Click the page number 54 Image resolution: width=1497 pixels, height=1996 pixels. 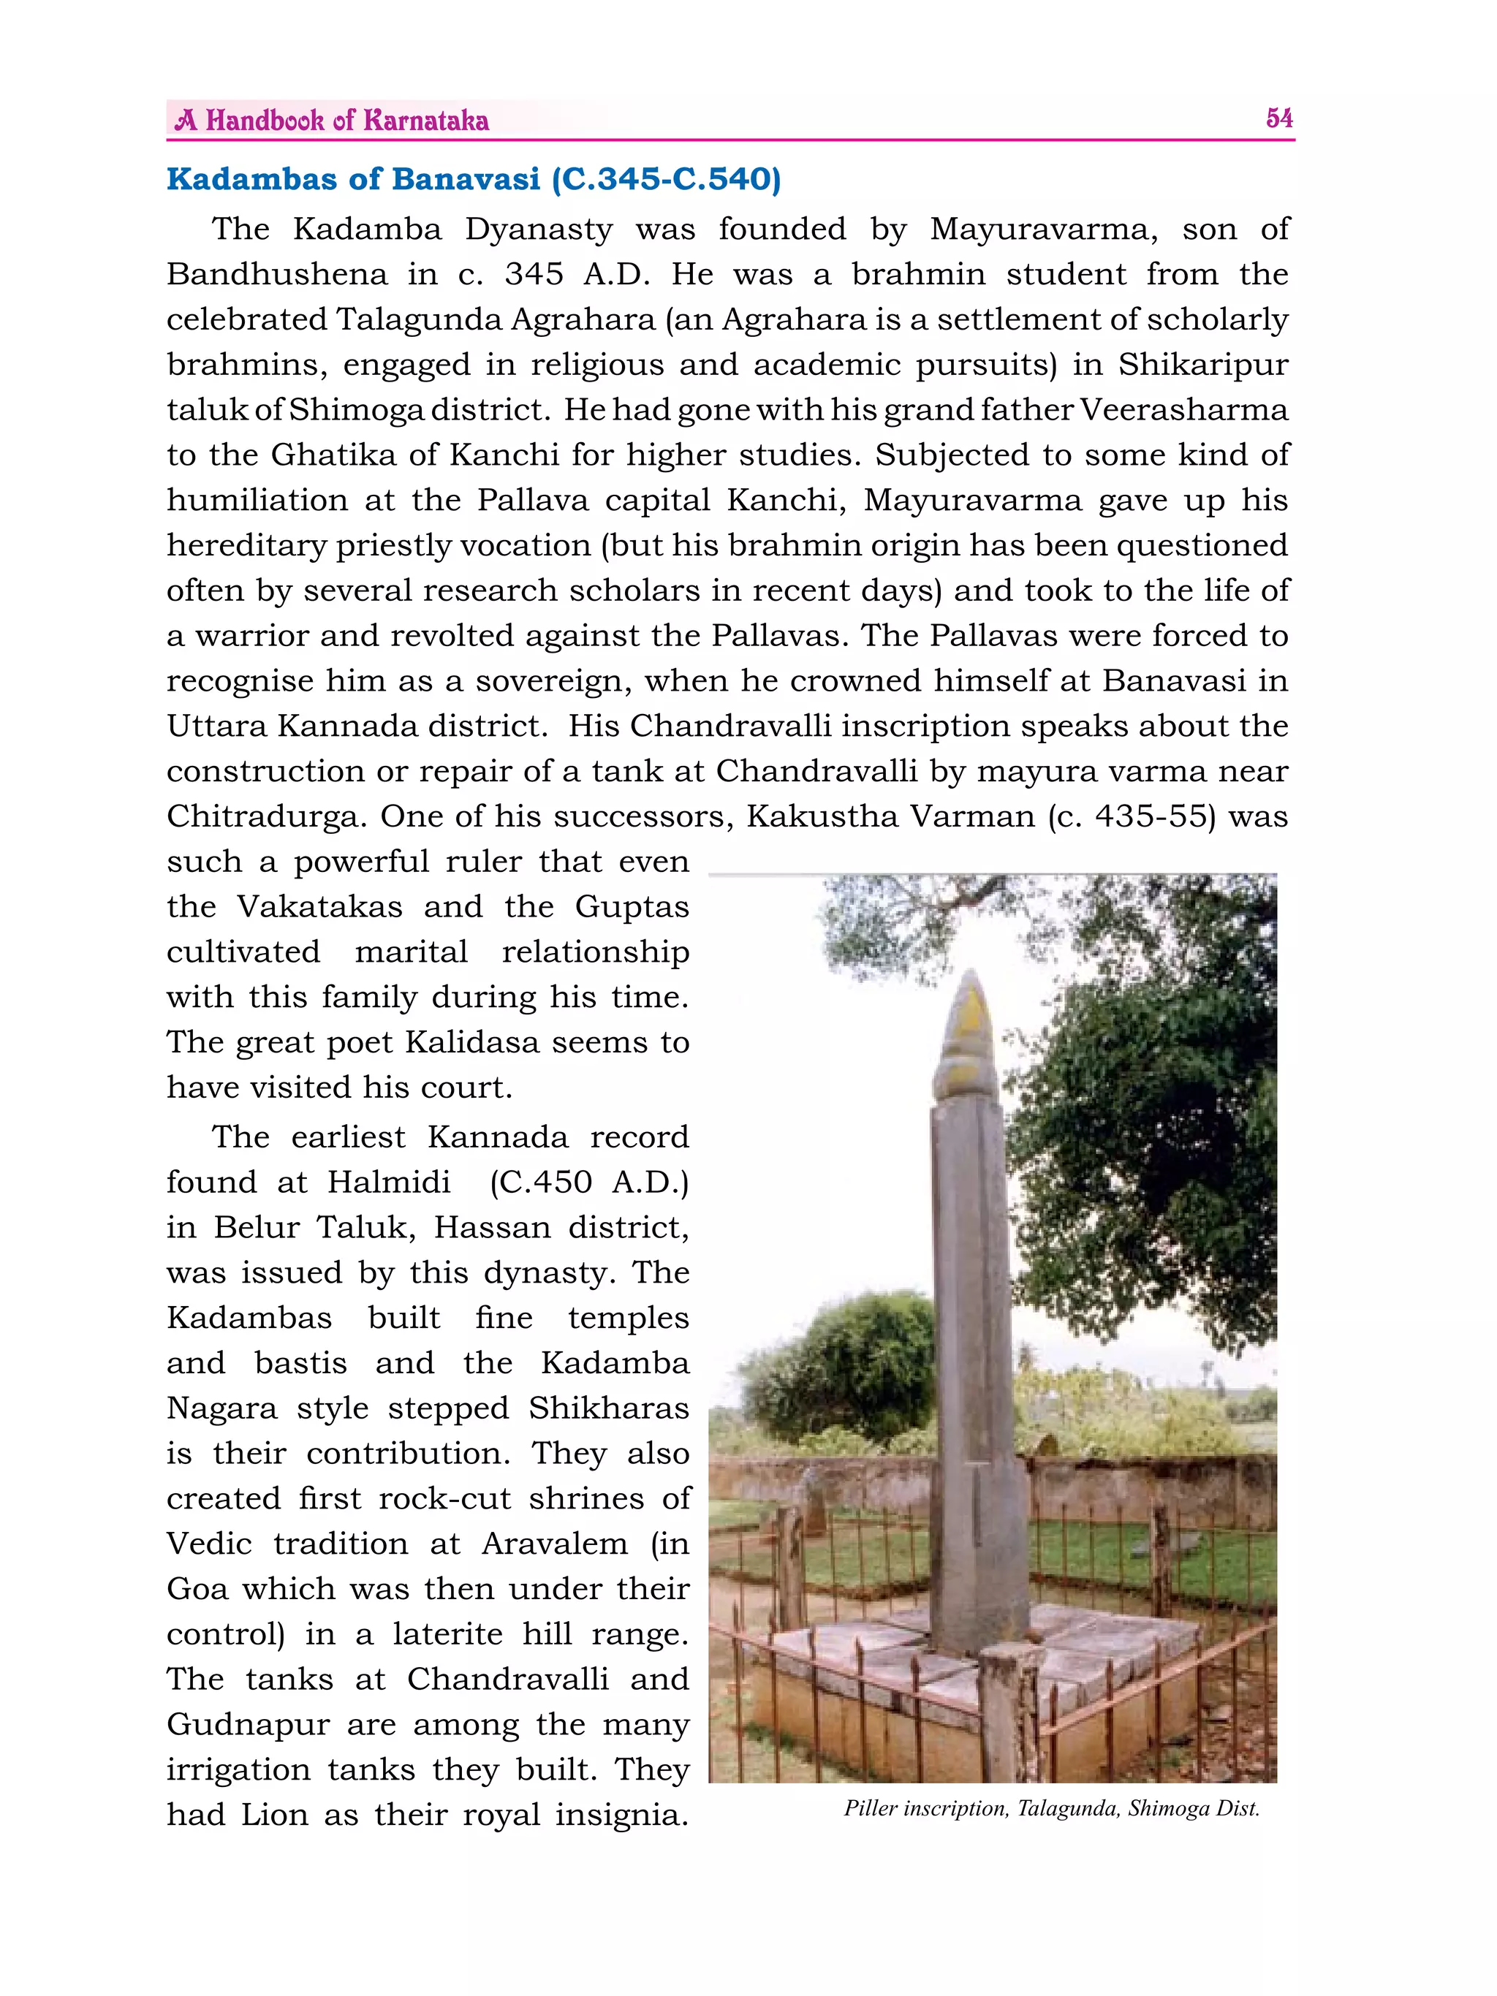tap(1278, 118)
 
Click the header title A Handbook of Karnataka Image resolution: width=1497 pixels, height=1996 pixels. tap(332, 121)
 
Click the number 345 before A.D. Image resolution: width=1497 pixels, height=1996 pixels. tap(534, 274)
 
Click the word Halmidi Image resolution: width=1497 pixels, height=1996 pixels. tap(389, 1182)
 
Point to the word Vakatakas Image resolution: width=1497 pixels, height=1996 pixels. tap(319, 907)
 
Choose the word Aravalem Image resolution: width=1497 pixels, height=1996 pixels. tap(554, 1544)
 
